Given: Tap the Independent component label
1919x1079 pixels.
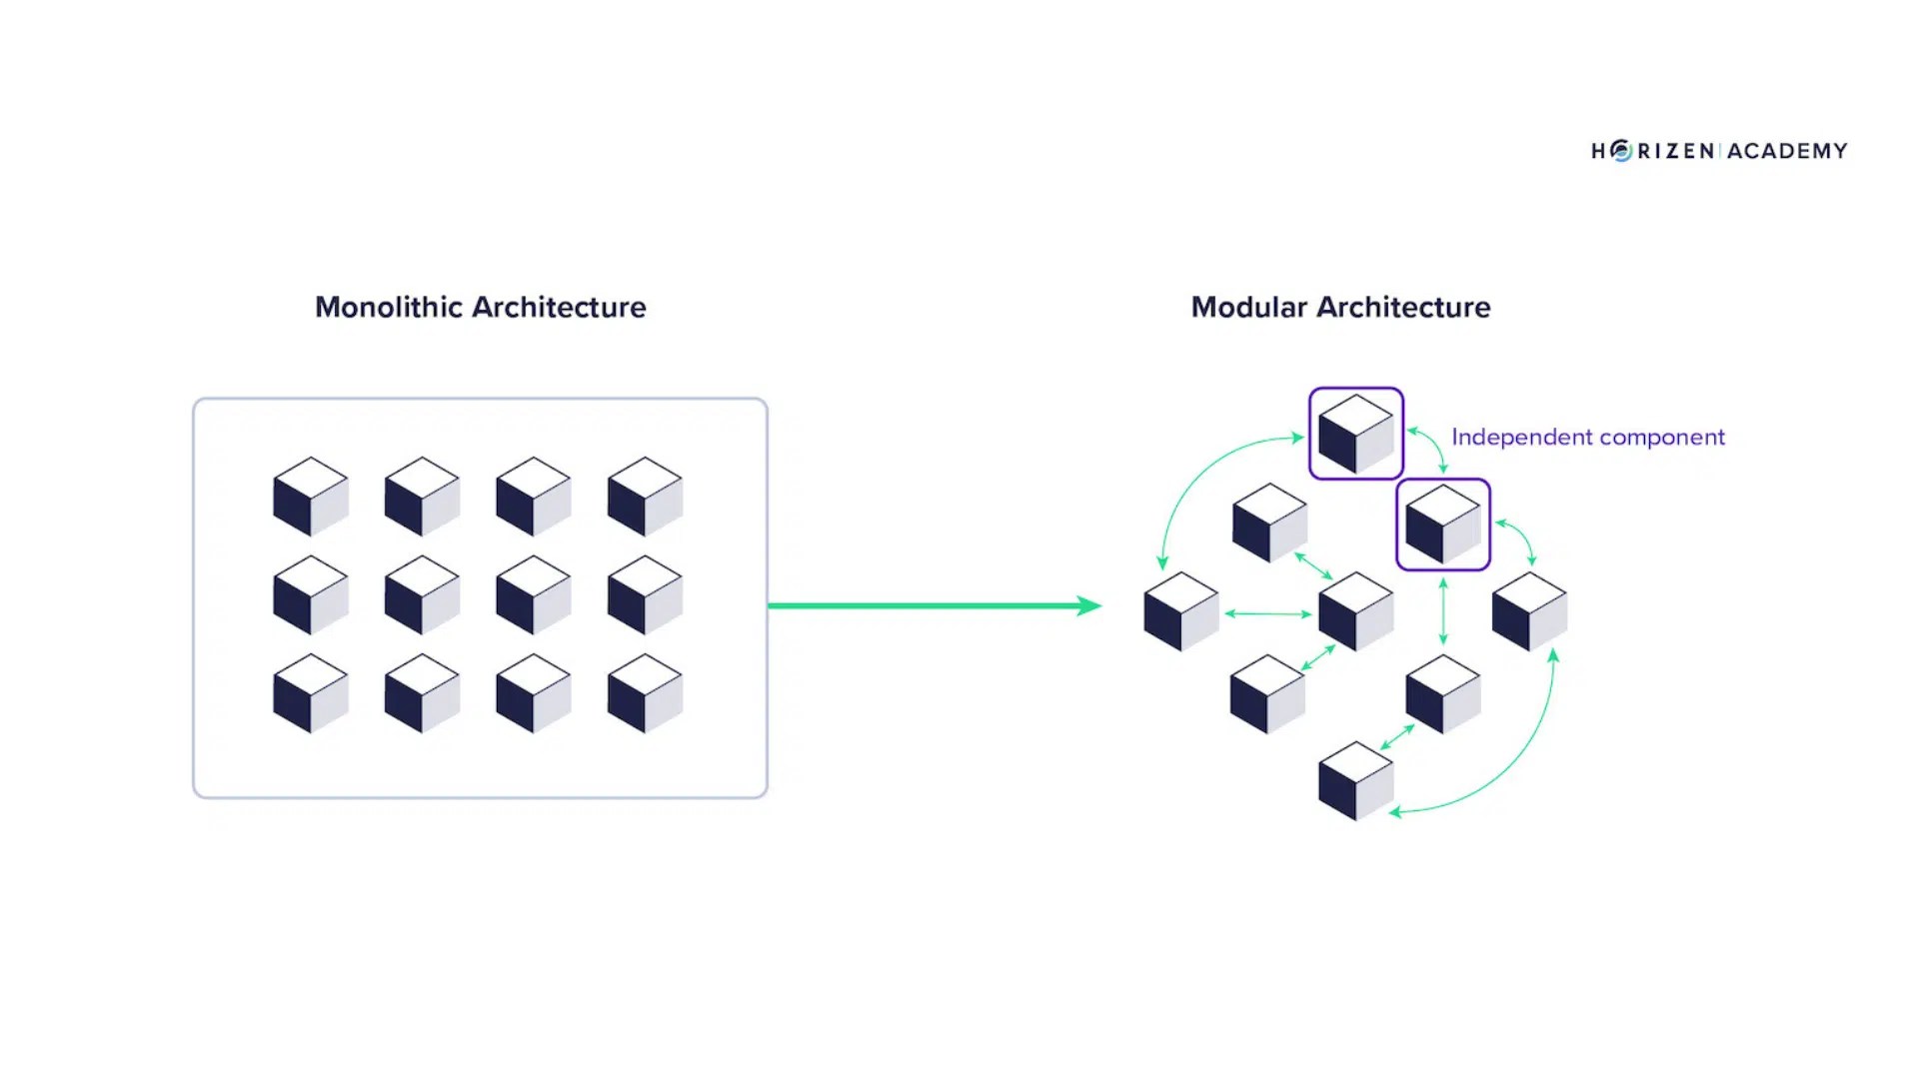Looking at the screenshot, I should pyautogui.click(x=1587, y=438).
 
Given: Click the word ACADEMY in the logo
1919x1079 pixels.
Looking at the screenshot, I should pyautogui.click(x=1786, y=151).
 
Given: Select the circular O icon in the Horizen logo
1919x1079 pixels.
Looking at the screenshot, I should pyautogui.click(x=1621, y=151).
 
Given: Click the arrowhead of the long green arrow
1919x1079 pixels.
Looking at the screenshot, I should pyautogui.click(x=1088, y=605).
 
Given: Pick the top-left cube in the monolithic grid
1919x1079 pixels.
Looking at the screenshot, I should pyautogui.click(x=310, y=497).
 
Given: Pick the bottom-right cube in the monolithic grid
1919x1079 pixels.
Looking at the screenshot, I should pyautogui.click(x=645, y=693).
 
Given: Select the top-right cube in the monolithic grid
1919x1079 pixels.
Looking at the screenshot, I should pyautogui.click(x=645, y=497).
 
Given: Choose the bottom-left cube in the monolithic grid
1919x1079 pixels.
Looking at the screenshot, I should pyautogui.click(x=310, y=693).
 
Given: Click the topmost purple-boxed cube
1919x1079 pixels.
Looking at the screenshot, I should pyautogui.click(x=1355, y=434).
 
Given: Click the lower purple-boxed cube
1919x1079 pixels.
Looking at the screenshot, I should pyautogui.click(x=1442, y=525).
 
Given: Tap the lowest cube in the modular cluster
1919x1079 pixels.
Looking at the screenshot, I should pyautogui.click(x=1355, y=781).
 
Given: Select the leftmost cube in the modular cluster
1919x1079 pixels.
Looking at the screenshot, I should pyautogui.click(x=1180, y=611).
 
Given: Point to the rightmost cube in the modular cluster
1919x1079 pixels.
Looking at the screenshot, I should pyautogui.click(x=1528, y=611).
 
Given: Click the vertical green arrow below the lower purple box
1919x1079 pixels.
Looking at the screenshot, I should pyautogui.click(x=1442, y=611).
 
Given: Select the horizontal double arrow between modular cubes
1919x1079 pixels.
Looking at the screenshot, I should pyautogui.click(x=1267, y=613).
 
